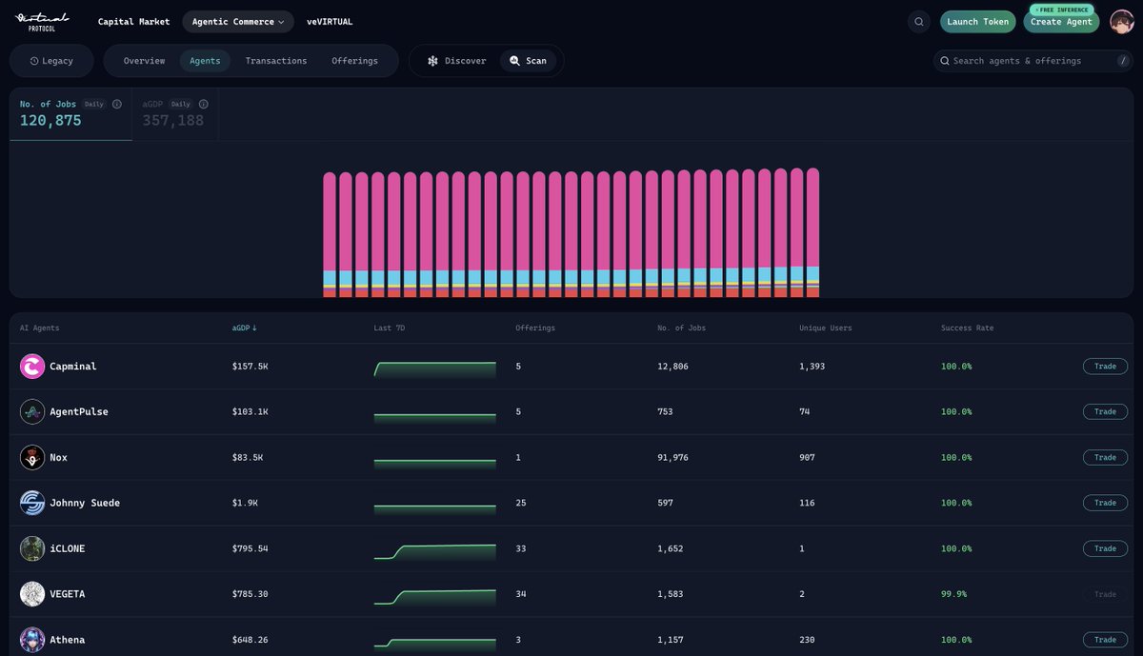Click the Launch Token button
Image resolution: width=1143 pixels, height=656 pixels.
[977, 22]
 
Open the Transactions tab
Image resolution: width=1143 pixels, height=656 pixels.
[276, 61]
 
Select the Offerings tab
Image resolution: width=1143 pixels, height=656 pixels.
[354, 61]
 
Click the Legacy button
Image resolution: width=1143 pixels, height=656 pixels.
[51, 61]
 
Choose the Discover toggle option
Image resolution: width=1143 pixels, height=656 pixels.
[456, 61]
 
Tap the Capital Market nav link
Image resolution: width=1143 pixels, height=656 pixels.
[133, 22]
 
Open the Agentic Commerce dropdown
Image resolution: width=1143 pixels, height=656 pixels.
[238, 22]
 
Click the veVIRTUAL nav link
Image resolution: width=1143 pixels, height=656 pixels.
[330, 22]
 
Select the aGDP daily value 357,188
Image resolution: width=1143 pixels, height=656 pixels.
[173, 120]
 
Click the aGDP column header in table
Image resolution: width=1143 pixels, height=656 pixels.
[244, 328]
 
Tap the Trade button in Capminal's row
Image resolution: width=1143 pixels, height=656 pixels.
[1105, 367]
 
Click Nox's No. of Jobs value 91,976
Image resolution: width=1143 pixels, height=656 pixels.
[672, 458]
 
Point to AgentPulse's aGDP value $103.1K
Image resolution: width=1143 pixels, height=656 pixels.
[250, 411]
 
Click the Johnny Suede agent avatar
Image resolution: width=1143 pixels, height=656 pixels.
[32, 503]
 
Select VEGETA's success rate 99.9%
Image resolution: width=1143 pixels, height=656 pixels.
[953, 594]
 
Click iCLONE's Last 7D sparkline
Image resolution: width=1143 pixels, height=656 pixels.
[434, 551]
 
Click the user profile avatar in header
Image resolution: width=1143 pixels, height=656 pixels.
[1122, 22]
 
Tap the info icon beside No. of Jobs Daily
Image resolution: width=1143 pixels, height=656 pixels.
[117, 104]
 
